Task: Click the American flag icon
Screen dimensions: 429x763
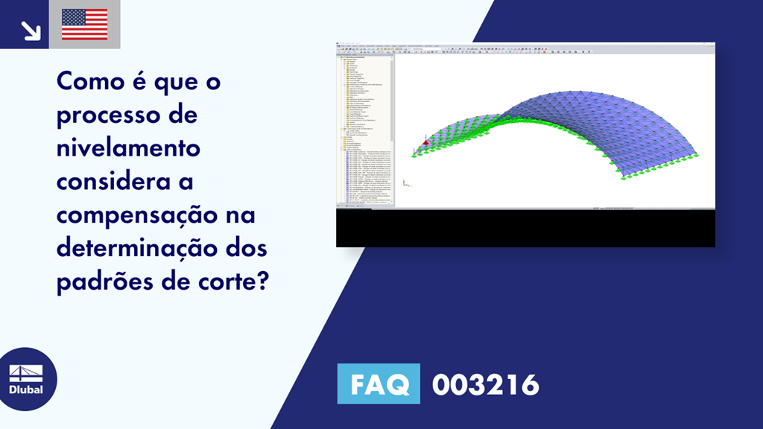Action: (84, 25)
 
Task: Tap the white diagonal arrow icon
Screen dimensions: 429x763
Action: (31, 30)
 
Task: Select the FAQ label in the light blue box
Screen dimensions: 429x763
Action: (378, 384)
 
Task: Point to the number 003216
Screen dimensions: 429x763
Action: (485, 385)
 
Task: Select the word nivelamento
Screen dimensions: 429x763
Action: (128, 147)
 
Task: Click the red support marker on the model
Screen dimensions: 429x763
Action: (425, 142)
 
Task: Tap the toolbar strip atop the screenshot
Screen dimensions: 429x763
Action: (525, 49)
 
